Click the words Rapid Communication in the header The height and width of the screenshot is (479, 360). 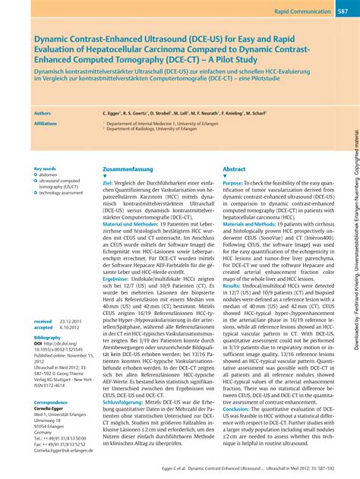click(301, 11)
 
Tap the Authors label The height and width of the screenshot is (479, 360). click(43, 112)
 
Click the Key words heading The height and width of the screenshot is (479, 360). click(45, 169)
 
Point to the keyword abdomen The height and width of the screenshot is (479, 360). click(50, 175)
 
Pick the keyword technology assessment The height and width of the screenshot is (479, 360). click(61, 193)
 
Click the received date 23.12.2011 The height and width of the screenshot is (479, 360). click(72, 342)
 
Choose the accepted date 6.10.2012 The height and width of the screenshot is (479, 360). click(71, 349)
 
